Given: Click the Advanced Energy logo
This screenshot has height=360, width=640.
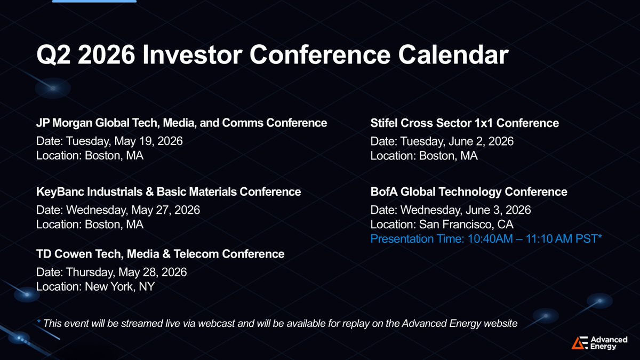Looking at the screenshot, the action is [x=599, y=342].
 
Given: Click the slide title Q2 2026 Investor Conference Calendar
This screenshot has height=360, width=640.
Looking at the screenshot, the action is [x=273, y=54].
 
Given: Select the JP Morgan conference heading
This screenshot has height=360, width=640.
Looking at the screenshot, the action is [x=181, y=123].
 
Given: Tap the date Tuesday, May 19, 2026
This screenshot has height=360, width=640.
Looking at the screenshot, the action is [x=109, y=141].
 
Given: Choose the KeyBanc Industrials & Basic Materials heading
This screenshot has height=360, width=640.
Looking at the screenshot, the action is [x=169, y=191].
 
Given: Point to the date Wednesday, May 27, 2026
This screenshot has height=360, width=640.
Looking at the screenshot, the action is [x=118, y=210].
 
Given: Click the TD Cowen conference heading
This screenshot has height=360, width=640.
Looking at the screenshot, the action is [x=161, y=254].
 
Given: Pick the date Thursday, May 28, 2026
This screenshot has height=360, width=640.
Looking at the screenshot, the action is [x=111, y=273].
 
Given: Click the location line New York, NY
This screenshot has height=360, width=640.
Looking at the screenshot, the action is [x=95, y=286].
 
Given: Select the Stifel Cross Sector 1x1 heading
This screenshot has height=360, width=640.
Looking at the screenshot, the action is [x=465, y=123].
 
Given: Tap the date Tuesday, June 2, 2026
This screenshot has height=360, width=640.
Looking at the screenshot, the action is [x=442, y=141].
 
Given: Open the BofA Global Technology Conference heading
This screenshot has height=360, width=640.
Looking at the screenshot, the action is [x=469, y=191].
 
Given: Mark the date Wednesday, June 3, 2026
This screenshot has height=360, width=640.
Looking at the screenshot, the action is [x=451, y=210].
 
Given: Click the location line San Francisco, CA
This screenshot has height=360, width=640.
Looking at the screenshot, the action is [x=442, y=225].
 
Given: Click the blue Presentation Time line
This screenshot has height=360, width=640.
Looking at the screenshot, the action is [x=486, y=239].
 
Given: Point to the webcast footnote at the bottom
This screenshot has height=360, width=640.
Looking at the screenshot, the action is [x=277, y=323].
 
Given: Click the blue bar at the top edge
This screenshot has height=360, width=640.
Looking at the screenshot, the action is [x=94, y=1].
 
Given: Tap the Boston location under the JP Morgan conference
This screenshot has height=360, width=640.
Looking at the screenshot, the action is [x=90, y=156].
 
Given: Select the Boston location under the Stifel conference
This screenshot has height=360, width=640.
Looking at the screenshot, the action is [x=424, y=156].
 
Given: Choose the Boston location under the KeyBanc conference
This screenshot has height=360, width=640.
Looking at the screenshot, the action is [x=90, y=225].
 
